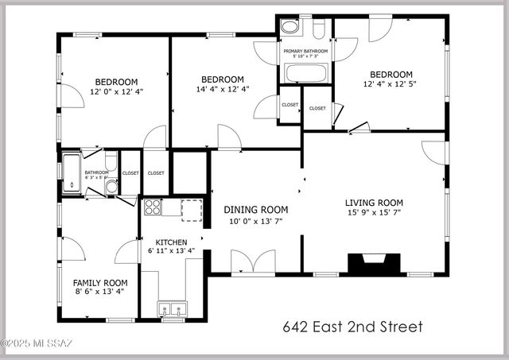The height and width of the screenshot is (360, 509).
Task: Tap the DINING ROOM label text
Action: pyautogui.click(x=255, y=210)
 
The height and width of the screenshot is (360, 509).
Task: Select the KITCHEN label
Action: pyautogui.click(x=171, y=242)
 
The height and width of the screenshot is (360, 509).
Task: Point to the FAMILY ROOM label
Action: pyautogui.click(x=100, y=283)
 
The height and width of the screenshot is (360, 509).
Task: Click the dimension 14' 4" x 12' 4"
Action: pyautogui.click(x=222, y=89)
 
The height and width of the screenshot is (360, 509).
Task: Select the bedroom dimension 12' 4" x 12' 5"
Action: pyautogui.click(x=390, y=83)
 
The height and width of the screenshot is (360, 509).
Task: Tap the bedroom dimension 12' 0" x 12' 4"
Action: pyautogui.click(x=116, y=91)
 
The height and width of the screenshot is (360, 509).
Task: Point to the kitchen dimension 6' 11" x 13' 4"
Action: pyautogui.click(x=171, y=251)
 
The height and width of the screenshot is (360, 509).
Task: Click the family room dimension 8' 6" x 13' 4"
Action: pyautogui.click(x=100, y=292)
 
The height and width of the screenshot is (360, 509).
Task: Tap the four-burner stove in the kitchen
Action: pyautogui.click(x=153, y=208)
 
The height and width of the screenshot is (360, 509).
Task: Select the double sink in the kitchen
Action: pyautogui.click(x=172, y=309)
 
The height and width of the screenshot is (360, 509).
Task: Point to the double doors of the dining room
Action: pyautogui.click(x=253, y=261)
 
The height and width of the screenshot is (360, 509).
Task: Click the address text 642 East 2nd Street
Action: pyautogui.click(x=353, y=327)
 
